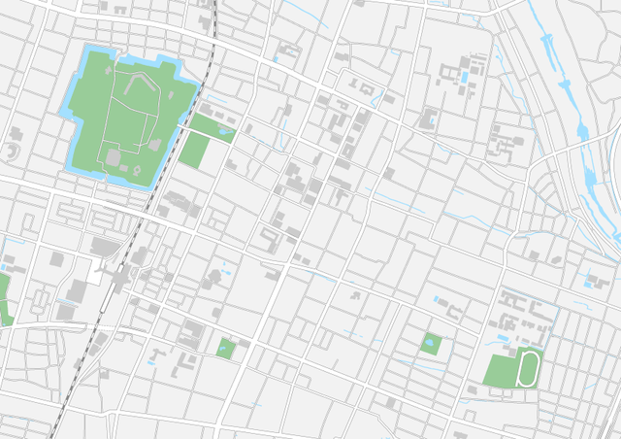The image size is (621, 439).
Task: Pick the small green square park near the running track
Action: [x=432, y=342]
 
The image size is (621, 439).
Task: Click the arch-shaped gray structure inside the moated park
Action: [x=154, y=145]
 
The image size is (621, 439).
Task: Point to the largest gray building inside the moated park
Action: [x=114, y=157]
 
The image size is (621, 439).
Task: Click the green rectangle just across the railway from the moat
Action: [x=194, y=151]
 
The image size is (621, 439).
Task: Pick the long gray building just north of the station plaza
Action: [x=102, y=247]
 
